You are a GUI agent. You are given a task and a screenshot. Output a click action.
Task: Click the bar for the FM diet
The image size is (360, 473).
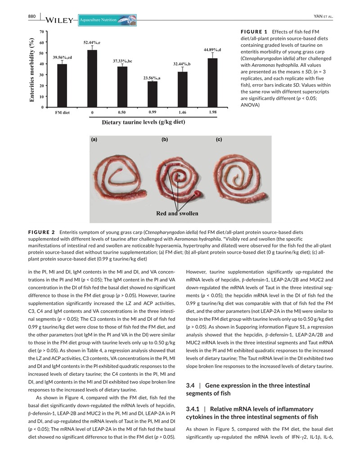[x=62, y=86]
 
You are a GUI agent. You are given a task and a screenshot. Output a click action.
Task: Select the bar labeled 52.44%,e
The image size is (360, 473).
[x=92, y=78]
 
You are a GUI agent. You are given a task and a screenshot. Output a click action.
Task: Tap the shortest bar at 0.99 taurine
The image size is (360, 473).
[x=153, y=94]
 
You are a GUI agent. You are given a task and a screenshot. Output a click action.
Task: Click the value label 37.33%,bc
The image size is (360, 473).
[x=122, y=61]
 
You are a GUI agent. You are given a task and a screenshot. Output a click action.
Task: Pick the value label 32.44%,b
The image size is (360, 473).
[x=182, y=64]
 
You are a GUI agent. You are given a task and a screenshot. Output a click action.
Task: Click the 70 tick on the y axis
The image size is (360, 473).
[x=41, y=32]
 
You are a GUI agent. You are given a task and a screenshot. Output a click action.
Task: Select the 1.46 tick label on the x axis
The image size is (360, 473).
[x=182, y=112]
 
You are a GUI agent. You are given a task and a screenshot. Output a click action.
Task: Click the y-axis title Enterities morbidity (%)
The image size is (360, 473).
[x=32, y=69]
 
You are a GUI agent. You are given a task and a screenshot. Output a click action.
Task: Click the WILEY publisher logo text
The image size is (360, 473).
[x=59, y=20]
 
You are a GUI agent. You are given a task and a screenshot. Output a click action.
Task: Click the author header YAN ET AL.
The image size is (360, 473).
[x=323, y=17]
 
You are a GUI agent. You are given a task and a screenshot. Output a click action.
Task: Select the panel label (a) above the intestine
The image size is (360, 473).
[x=94, y=140]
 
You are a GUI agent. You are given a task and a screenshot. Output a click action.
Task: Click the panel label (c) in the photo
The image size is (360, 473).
[x=219, y=140]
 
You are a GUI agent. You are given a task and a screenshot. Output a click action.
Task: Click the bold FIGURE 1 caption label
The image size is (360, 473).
[x=254, y=32]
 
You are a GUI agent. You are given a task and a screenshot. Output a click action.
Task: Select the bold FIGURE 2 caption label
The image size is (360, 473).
[x=41, y=232]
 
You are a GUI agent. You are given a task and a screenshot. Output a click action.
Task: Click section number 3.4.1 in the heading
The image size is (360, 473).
[x=194, y=409]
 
